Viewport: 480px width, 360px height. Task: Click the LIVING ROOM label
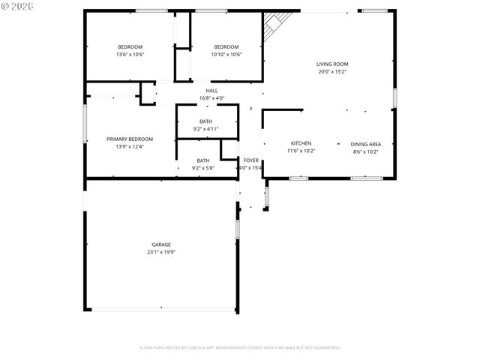coord(331,64)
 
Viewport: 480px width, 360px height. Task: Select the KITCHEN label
coord(301,143)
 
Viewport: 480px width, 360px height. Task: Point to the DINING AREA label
coord(366,143)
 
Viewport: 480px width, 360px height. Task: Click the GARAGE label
coord(161,244)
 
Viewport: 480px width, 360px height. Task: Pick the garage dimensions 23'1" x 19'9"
coord(161,253)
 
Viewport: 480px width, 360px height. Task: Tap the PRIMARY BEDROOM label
coord(130,139)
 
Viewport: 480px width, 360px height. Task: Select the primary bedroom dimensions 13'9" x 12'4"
coord(130,147)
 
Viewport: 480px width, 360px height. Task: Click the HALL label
coord(212,91)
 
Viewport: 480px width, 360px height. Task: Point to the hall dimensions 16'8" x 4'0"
coord(212,98)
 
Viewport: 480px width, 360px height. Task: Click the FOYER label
coord(250,160)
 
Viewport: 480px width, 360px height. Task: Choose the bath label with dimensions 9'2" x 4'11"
coord(205,121)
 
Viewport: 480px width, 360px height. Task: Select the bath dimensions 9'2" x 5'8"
coord(203,169)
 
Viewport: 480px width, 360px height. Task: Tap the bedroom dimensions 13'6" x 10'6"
coord(130,55)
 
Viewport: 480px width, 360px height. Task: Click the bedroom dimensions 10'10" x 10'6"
coord(226,55)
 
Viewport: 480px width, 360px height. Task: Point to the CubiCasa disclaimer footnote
coord(239,347)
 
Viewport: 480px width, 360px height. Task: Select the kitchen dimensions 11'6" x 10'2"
coord(301,151)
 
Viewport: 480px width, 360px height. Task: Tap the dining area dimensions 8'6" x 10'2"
coord(366,151)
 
